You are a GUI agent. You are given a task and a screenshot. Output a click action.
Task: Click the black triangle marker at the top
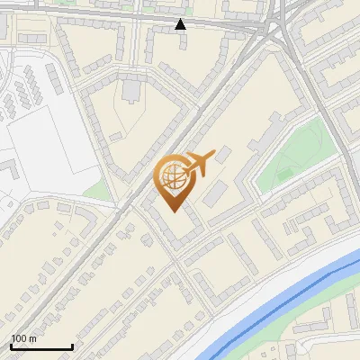coord(181,24)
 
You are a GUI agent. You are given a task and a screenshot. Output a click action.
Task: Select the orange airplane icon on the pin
coord(198,165)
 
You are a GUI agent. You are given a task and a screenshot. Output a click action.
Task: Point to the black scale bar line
coord(41,346)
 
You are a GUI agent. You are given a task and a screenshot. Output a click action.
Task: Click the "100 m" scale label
coord(23,338)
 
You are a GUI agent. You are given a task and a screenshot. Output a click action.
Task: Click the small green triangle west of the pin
coord(97,190)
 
